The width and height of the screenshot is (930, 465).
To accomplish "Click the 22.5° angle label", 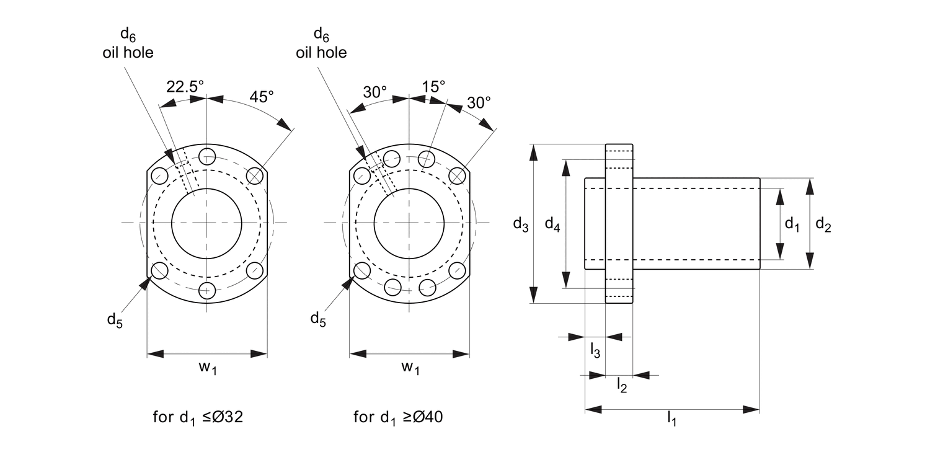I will pos(184,87).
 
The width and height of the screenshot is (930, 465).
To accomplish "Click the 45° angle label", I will pos(261,97).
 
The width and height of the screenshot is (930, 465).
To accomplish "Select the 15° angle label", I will pos(433,86).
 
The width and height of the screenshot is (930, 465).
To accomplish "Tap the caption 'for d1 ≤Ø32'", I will pos(198,417).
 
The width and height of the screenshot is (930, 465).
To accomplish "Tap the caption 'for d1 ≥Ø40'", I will pos(398,417).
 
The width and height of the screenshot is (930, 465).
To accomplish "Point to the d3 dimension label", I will pos(520,224).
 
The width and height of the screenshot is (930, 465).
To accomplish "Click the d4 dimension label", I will pos(552,224).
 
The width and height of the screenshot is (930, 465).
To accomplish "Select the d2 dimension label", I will pos(823,224).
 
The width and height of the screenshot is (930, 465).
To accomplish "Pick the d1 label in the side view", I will pos(792,224).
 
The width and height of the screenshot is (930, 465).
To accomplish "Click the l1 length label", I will pos(671,420).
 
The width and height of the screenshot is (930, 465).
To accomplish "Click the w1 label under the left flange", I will pos(208,367).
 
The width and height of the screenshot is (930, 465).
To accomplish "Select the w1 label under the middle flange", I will pos(410,367).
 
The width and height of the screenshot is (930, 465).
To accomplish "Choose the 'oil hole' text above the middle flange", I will pos(321,53).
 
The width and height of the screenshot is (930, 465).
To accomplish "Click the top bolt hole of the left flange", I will pos(207,156).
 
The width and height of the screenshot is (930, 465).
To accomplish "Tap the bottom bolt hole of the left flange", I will pos(207,290).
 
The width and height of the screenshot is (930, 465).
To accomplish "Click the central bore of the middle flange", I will pos(409,223).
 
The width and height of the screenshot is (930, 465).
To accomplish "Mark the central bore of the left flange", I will pos(207,223).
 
